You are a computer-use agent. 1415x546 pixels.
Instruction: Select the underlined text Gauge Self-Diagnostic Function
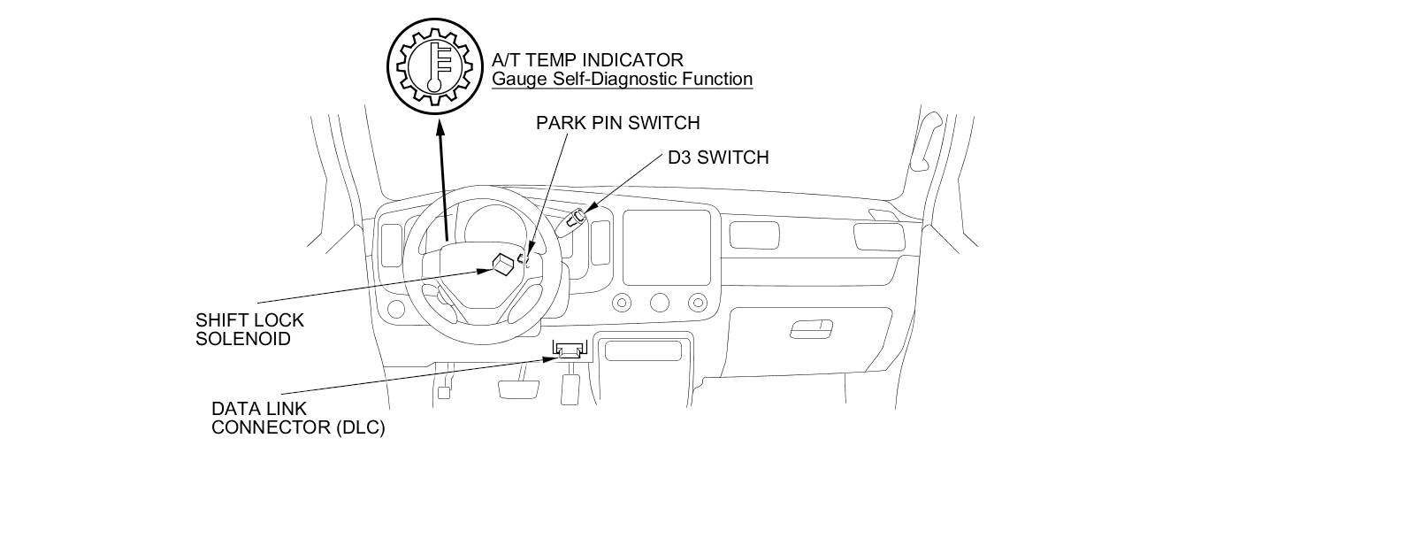click(622, 79)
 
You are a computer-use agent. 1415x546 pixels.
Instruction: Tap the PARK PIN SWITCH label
click(617, 122)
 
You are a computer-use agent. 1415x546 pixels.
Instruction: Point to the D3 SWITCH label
click(718, 158)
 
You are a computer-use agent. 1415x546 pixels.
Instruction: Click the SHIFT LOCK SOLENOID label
click(249, 329)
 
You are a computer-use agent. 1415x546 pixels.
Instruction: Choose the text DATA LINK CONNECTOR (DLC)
click(297, 419)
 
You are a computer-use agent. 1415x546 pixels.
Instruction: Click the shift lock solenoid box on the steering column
click(503, 263)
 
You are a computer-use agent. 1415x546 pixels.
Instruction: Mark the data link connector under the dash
click(569, 350)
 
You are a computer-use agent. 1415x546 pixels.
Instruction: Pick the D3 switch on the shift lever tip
click(578, 215)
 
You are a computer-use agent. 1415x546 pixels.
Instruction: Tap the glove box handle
click(811, 329)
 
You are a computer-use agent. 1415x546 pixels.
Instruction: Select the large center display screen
click(667, 247)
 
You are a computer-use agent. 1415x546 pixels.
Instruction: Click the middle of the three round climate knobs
click(660, 304)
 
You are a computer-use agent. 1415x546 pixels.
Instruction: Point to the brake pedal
click(519, 388)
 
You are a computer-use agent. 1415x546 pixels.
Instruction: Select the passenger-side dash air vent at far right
click(878, 236)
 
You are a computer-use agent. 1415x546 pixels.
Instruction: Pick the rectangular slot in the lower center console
click(643, 350)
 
